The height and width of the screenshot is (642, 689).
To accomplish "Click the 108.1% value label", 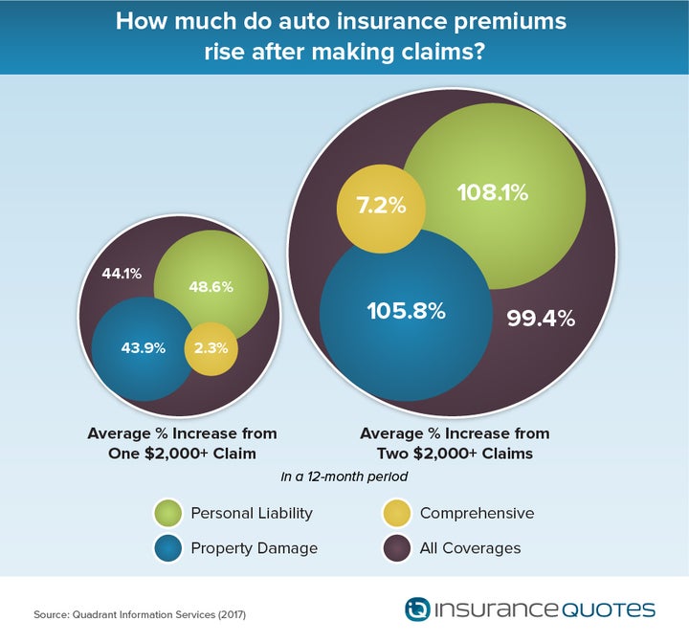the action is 493,192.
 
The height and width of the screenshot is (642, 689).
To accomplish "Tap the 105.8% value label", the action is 407,311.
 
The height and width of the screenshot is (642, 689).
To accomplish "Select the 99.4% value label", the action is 541,318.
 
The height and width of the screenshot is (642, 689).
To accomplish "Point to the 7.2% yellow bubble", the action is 381,209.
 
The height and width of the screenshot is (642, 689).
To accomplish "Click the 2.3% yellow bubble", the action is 211,349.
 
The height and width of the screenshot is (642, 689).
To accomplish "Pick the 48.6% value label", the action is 211,287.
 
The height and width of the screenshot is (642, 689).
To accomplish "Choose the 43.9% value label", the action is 144,348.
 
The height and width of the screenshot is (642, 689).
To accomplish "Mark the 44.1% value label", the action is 122,274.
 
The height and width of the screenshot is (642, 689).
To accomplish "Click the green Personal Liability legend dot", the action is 167,513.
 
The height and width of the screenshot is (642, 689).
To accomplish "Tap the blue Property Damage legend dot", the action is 167,548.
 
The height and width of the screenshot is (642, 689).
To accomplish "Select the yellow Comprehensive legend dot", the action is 396,513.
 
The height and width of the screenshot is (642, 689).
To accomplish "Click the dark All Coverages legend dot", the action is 396,548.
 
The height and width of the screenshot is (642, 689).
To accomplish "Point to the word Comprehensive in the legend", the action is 477,513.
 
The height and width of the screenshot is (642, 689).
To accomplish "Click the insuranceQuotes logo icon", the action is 417,609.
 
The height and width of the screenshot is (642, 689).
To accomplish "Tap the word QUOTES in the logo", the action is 608,609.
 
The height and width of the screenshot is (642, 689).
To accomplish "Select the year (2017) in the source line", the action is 232,614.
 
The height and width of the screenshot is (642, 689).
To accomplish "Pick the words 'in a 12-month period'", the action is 344,476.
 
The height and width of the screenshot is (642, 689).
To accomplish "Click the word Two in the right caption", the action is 393,454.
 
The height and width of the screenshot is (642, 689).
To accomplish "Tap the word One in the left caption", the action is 123,454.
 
